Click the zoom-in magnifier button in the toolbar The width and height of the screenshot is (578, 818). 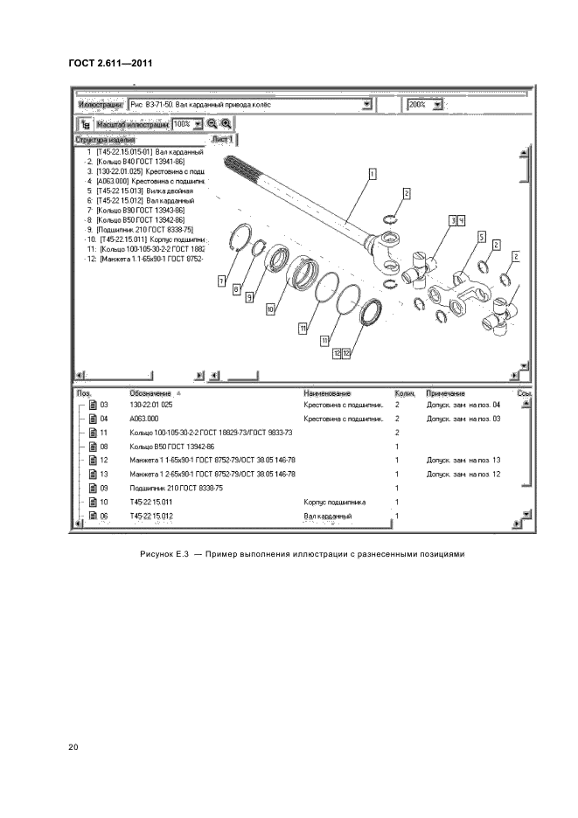pos(226,124)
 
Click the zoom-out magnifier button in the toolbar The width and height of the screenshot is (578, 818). pos(212,124)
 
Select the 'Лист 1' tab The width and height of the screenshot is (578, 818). pos(223,139)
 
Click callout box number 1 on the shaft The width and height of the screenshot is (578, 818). pos(373,174)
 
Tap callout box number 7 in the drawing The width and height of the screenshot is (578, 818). pos(222,281)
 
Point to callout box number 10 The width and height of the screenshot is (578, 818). pos(271,308)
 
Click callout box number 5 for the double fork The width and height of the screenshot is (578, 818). pos(481,237)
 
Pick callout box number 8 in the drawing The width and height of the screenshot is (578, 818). pos(236,289)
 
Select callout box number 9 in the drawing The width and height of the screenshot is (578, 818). pos(249,297)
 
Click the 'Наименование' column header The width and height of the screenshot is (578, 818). pos(327,393)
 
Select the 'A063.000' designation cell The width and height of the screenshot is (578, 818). pos(144,419)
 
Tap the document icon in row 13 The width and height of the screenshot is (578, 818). pos(92,475)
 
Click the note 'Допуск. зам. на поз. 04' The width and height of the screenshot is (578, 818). pos(463,405)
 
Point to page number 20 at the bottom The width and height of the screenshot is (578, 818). pos(73,747)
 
